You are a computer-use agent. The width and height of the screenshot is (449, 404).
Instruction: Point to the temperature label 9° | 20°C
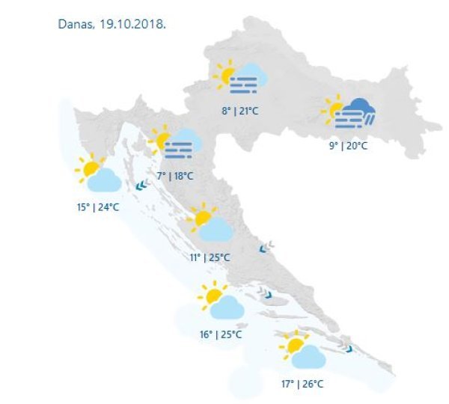coord(348,146)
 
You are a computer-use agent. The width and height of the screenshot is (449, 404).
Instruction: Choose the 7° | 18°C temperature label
coord(175,177)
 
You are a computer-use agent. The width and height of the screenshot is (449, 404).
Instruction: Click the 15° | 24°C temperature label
coord(97,207)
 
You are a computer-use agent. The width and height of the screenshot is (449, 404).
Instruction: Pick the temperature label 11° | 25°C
coord(210,258)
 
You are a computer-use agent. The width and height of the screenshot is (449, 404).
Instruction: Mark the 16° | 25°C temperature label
coord(220,334)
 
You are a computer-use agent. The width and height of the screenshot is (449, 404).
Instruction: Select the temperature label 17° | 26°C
coord(302,385)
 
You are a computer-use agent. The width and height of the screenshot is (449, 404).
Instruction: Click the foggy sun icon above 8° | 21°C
coord(241,79)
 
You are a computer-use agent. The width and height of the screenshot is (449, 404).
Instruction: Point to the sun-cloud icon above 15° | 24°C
coord(98,175)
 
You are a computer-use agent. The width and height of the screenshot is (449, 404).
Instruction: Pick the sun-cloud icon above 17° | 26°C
coord(302,350)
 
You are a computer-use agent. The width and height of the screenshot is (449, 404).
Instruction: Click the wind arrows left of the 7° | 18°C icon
coord(141,186)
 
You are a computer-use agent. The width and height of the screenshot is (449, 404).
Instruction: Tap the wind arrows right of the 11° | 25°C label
coord(266,248)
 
